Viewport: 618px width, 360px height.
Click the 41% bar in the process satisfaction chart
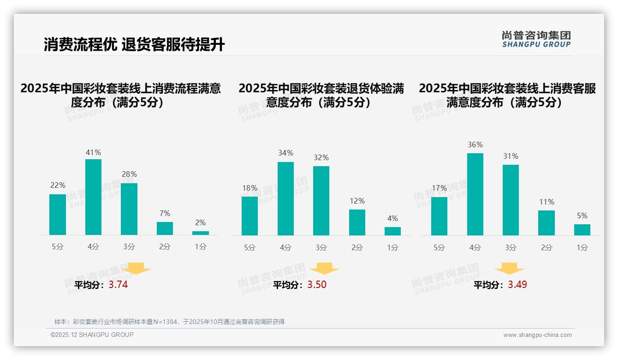[x=93, y=197]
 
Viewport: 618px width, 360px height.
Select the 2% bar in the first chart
[x=201, y=233]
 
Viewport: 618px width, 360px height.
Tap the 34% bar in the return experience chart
[x=285, y=198]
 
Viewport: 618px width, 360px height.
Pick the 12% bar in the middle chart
[x=357, y=222]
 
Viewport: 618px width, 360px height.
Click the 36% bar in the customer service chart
[x=475, y=194]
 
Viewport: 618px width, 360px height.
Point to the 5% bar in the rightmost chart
[x=582, y=230]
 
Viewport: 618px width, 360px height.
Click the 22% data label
[x=58, y=186]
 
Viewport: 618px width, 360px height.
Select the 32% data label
[x=321, y=158]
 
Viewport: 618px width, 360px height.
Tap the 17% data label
[x=439, y=188]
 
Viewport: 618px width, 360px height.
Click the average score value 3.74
[x=118, y=285]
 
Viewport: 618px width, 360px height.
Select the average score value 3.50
[x=317, y=285]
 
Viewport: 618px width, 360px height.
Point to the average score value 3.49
[x=517, y=285]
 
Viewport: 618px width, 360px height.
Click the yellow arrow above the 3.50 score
[x=324, y=269]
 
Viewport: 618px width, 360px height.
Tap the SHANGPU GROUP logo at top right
[x=536, y=39]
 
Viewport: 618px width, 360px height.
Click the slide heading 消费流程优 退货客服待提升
[x=134, y=45]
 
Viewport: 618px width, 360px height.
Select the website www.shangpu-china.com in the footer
[x=537, y=335]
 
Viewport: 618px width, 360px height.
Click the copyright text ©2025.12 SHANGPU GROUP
[x=92, y=335]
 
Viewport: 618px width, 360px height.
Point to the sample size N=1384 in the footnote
[x=162, y=322]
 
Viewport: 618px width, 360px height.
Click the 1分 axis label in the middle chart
[x=392, y=248]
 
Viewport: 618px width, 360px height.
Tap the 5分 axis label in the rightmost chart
[x=439, y=248]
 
